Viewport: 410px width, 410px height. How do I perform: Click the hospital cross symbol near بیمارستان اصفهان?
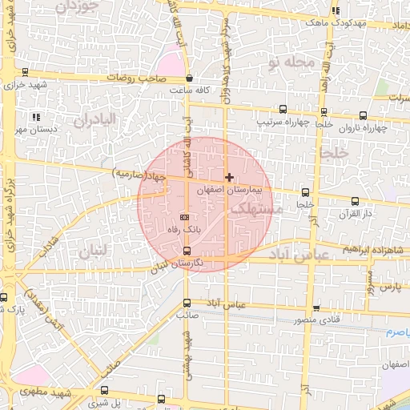230,176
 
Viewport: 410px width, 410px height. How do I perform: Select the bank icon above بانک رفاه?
186,216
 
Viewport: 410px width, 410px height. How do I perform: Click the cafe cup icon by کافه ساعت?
189,78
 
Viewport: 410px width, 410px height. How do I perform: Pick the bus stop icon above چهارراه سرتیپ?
282,110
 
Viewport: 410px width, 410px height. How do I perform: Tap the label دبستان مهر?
34,129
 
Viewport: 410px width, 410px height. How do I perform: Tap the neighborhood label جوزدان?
78,6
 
